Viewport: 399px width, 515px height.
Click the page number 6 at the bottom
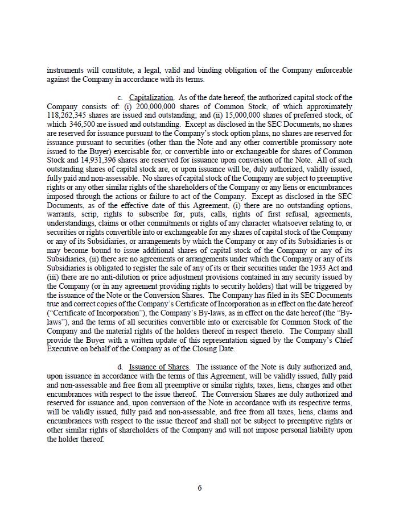pyautogui.click(x=200, y=488)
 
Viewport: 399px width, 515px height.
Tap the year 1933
pyautogui.click(x=305, y=268)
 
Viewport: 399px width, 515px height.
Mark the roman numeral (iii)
pyautogui.click(x=53, y=277)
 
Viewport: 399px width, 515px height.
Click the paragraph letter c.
pyautogui.click(x=120, y=98)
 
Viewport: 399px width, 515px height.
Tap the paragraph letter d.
pyautogui.click(x=120, y=367)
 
